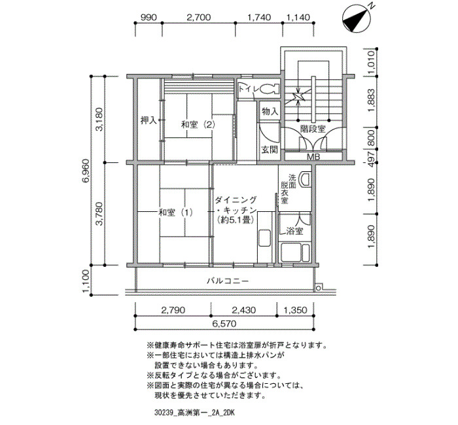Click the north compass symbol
pos(357,18)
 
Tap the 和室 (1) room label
pos(175,212)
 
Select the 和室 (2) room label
pos(198,125)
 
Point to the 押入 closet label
pos(149,120)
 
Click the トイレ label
pos(247,88)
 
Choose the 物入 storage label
pos(270,111)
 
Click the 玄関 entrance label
pos(270,150)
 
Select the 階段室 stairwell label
pos(313,129)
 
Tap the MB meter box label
pos(313,157)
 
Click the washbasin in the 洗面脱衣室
pos(306,178)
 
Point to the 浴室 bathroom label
pos(294,231)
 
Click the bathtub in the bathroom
pos(294,253)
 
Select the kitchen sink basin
pos(264,238)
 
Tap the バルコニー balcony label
pos(228,280)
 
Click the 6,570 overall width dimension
pos(224,324)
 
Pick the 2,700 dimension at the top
pos(199,18)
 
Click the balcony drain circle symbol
pos(318,288)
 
